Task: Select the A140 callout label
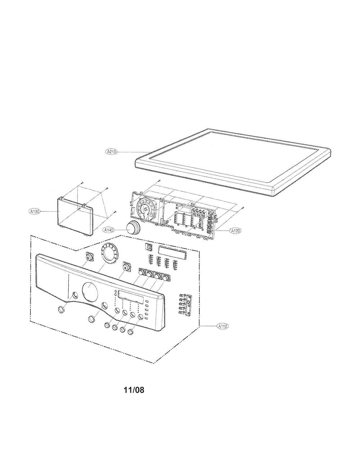109,230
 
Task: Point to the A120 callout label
236,231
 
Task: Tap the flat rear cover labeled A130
75,216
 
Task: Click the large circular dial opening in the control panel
90,291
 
